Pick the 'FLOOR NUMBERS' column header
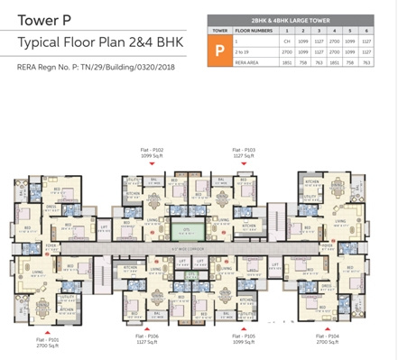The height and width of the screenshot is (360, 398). (253, 30)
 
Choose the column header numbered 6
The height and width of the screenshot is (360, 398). (366, 30)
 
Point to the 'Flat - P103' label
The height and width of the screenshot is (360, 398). (243, 151)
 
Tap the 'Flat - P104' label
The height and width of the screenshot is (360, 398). (329, 339)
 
